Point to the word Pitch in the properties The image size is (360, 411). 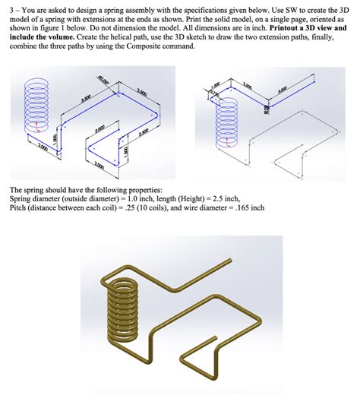pyautogui.click(x=18, y=207)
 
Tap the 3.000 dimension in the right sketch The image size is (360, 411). pyautogui.click(x=283, y=89)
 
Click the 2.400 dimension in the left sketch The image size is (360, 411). pyautogui.click(x=144, y=134)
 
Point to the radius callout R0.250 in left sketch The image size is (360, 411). pyautogui.click(x=103, y=79)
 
